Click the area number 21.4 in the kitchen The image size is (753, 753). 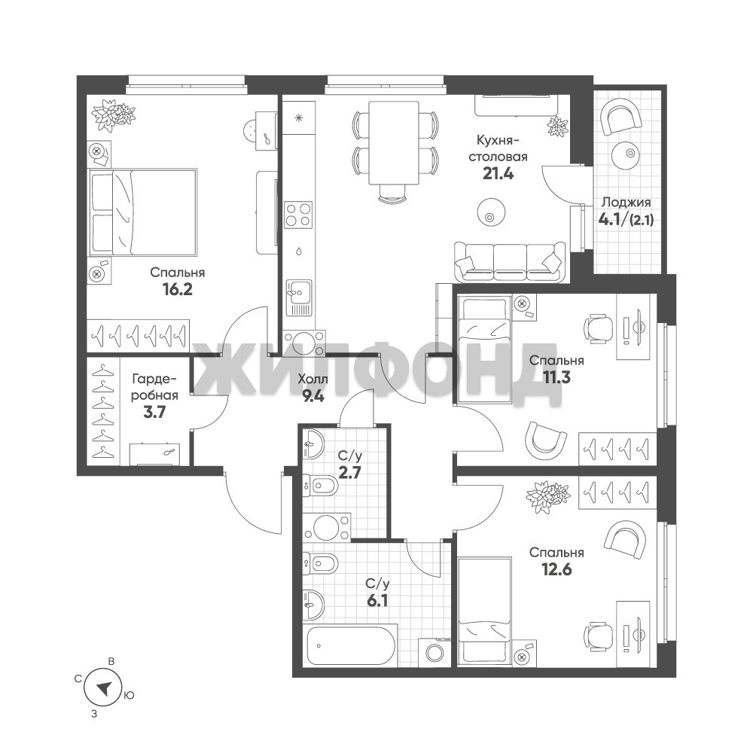[498, 173]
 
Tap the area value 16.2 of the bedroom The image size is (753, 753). [177, 290]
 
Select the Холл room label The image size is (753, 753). [312, 380]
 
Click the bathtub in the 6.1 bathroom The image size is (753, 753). [351, 645]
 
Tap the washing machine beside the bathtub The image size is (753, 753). [434, 653]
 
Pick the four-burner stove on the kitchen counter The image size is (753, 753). [298, 214]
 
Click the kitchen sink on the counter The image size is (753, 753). [298, 297]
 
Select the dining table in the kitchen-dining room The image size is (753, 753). [393, 142]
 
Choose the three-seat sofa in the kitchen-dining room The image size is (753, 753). [510, 262]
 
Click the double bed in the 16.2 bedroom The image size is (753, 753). [142, 212]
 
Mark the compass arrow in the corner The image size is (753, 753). [103, 689]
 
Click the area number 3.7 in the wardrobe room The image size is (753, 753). [154, 412]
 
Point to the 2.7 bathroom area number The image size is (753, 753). [349, 473]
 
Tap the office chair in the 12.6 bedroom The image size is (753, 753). [599, 637]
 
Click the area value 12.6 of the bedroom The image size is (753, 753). [556, 569]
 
